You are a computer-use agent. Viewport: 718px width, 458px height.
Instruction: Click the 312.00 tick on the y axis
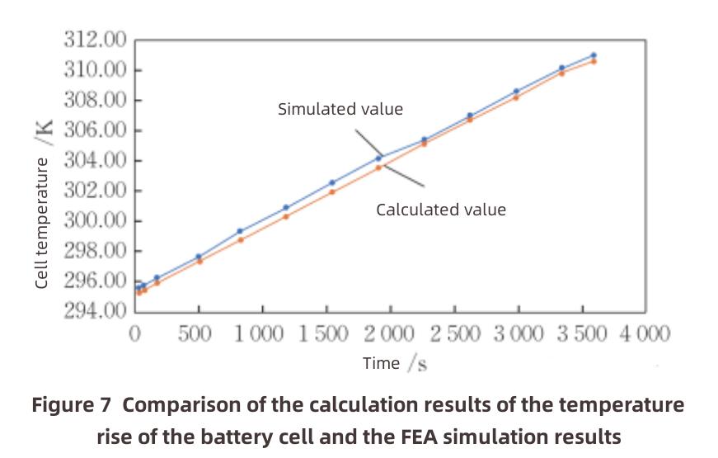[96, 40]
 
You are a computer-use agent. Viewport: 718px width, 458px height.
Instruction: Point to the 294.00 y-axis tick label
[96, 311]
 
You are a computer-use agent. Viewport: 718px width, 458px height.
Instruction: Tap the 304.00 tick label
[96, 160]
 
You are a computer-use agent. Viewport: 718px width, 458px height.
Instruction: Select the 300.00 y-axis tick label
[96, 220]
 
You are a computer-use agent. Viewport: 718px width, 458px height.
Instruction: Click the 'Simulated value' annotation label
[340, 109]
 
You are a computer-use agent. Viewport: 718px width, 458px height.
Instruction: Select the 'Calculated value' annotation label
[441, 210]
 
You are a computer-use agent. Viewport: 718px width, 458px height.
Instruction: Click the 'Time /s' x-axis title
[395, 363]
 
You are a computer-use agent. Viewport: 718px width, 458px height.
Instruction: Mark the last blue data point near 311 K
[594, 55]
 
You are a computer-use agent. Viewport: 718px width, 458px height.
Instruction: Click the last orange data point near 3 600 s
[594, 61]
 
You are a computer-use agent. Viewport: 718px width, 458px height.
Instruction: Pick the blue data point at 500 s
[199, 257]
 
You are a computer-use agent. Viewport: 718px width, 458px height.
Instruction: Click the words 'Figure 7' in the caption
[72, 405]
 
